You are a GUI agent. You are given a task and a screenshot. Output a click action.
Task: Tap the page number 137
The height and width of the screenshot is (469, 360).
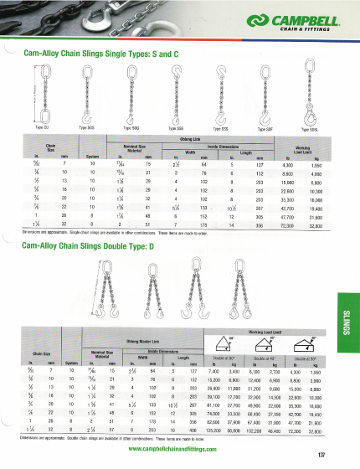pyautogui.click(x=343, y=455)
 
